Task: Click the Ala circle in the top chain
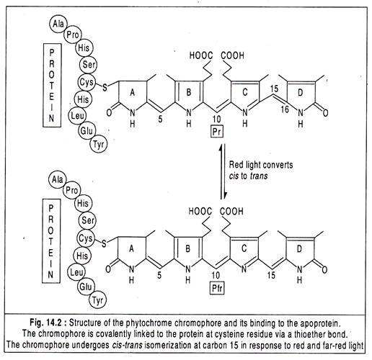pos(58,24)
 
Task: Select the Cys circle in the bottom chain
pos(86,238)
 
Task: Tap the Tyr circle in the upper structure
pos(99,144)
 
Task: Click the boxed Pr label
pos(217,131)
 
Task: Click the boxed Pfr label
pos(217,288)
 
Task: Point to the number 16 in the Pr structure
pos(285,109)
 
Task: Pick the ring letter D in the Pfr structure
pos(299,249)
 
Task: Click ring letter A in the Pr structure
pos(132,92)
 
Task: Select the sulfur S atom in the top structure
pos(105,87)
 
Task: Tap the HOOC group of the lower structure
pos(200,212)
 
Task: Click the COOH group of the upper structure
pos(232,55)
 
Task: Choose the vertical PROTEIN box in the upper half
pos(52,85)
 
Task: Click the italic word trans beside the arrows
pos(259,176)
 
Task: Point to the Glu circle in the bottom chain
pos(86,287)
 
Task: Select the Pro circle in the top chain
pos(73,35)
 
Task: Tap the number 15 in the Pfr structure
pos(271,275)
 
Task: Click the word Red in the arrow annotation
pos(236,165)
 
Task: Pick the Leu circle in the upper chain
pos(77,115)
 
